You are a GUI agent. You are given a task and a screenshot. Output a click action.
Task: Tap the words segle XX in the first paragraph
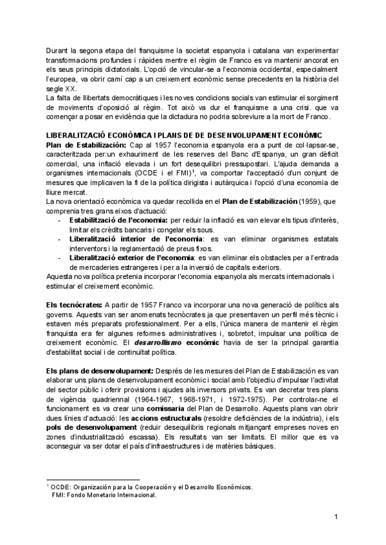(59, 88)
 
